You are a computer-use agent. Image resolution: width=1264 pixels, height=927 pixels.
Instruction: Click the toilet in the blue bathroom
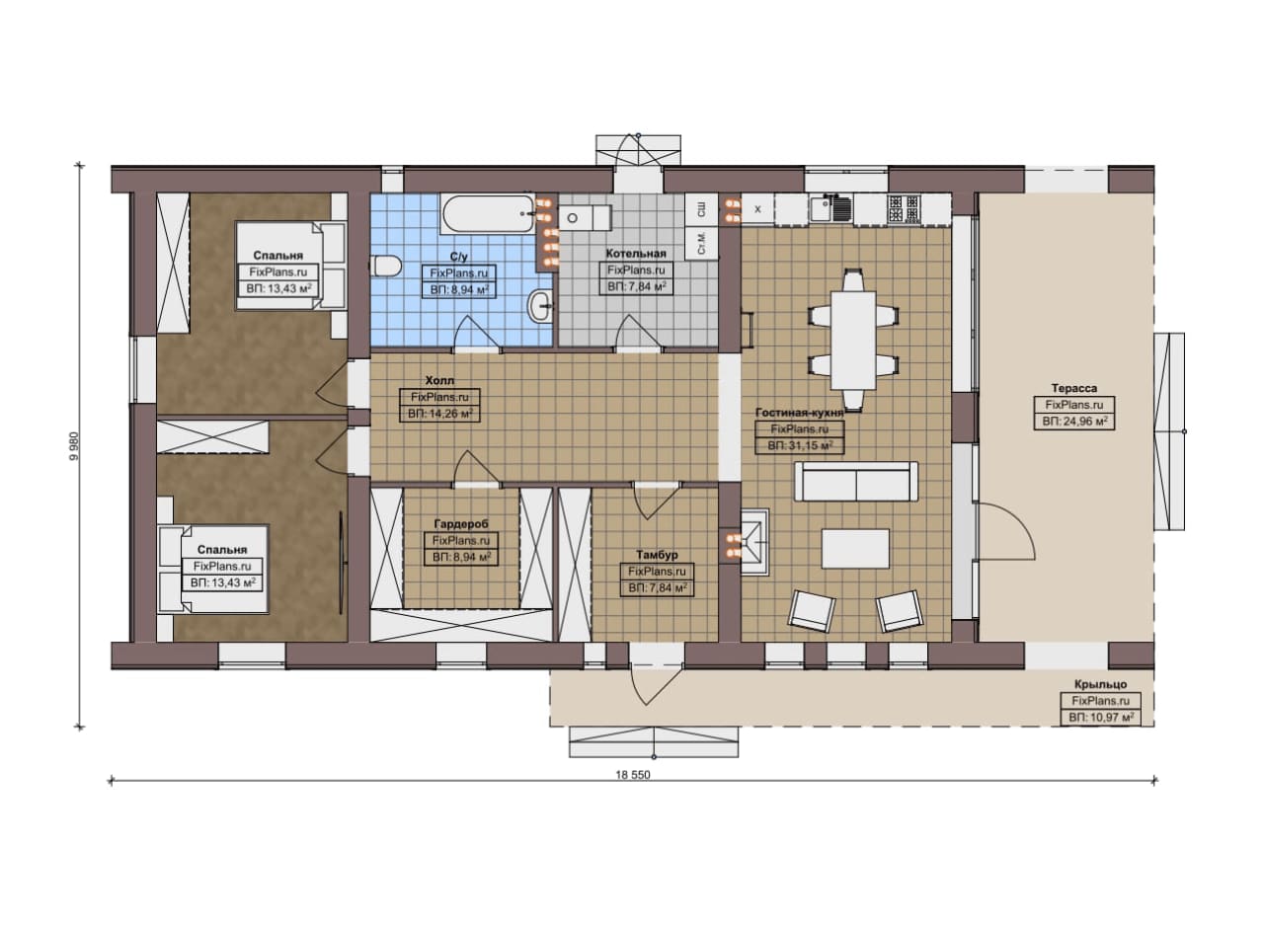[x=386, y=266]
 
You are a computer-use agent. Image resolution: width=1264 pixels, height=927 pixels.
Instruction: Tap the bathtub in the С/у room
[x=488, y=214]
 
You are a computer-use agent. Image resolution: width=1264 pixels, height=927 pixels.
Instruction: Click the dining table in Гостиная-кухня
[x=853, y=341]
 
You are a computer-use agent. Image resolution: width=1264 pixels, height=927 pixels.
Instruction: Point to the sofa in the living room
[x=856, y=482]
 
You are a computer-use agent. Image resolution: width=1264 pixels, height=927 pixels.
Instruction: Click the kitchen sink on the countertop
[x=830, y=208]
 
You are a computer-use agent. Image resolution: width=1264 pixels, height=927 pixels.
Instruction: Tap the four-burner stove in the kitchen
[x=905, y=207]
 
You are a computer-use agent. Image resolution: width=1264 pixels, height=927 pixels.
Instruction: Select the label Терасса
[x=1073, y=388]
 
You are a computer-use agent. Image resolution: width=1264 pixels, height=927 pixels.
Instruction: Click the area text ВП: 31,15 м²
[x=800, y=445]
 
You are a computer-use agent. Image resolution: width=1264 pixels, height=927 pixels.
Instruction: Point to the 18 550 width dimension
[x=633, y=775]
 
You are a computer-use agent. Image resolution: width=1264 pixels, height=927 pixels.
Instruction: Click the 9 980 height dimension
[x=75, y=446]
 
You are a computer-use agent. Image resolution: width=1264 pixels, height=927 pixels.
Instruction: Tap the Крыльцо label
[x=1100, y=684]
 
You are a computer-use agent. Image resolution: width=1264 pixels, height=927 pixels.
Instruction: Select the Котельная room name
[x=636, y=254]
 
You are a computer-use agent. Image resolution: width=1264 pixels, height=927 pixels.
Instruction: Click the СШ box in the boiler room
[x=701, y=209]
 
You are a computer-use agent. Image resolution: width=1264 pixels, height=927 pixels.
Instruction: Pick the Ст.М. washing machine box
[x=701, y=243]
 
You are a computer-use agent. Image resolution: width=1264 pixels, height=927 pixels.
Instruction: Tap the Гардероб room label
[x=461, y=524]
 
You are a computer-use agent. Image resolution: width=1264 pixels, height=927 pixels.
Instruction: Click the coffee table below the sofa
[x=855, y=549]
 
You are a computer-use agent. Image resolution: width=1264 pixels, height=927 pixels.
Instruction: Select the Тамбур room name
[x=657, y=555]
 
